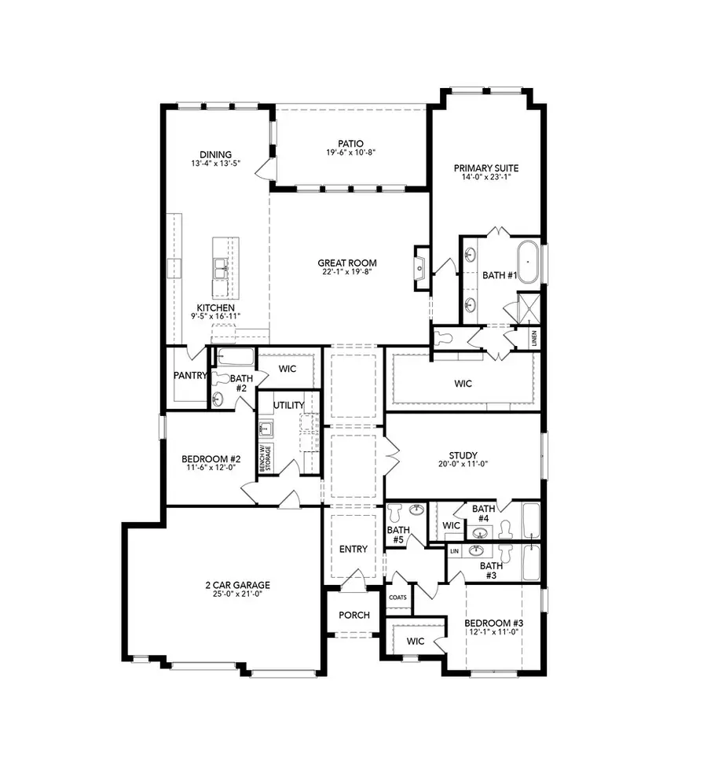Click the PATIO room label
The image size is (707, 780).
pos(350,144)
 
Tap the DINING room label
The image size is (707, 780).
pos(214,155)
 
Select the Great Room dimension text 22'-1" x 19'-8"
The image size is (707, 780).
pos(346,273)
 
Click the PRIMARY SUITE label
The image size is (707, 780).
pos(485,168)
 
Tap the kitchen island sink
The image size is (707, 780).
pos(219,268)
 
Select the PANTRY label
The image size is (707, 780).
pos(189,376)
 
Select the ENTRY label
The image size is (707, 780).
pos(353,549)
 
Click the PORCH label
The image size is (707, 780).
pos(353,614)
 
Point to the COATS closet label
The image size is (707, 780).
pos(397,598)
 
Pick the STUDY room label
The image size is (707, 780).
pos(464,455)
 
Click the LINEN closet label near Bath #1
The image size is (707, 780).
pos(534,338)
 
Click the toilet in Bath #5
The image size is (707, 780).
pos(396,513)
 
